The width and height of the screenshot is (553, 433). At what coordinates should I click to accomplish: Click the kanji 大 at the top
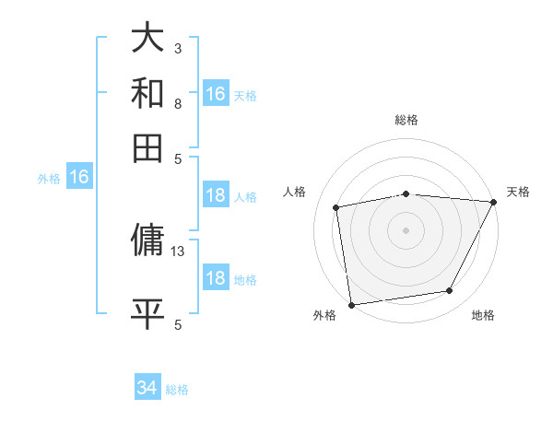click(147, 39)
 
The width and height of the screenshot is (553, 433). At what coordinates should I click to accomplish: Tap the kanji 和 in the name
click(147, 93)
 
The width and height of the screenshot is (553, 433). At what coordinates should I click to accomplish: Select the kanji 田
click(147, 147)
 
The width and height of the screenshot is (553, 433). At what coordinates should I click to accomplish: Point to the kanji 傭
click(147, 241)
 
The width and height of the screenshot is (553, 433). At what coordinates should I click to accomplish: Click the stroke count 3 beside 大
click(178, 48)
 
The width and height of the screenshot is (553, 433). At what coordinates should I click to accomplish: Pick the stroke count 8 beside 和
click(178, 103)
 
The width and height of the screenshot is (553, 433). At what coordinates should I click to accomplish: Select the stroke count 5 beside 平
click(178, 323)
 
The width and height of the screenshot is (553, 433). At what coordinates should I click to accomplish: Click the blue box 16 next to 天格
click(216, 94)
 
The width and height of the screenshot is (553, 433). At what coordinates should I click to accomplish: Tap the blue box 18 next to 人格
click(216, 195)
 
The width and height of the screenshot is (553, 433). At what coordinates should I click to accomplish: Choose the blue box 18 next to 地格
click(216, 279)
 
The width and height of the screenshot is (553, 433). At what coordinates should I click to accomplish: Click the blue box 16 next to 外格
click(79, 178)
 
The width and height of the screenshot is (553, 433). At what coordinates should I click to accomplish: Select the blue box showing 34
click(147, 388)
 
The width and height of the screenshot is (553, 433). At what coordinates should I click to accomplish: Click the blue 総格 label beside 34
click(177, 390)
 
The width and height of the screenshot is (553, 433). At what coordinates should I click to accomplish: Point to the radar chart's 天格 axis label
click(518, 192)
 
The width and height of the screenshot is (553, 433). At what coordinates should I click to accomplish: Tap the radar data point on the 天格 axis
click(493, 202)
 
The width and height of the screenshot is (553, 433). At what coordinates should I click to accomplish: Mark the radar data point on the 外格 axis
click(351, 304)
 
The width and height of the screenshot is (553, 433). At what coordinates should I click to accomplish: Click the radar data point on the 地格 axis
click(450, 291)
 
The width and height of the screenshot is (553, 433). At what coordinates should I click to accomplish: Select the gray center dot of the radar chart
click(406, 229)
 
